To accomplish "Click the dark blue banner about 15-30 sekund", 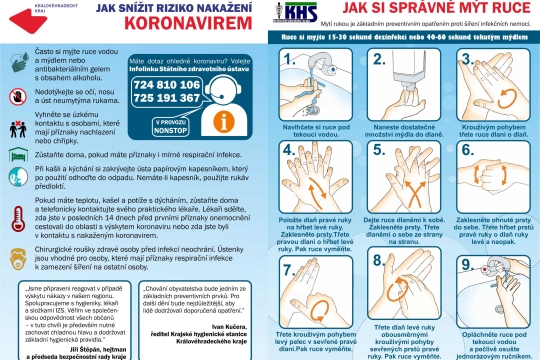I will (400, 40).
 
